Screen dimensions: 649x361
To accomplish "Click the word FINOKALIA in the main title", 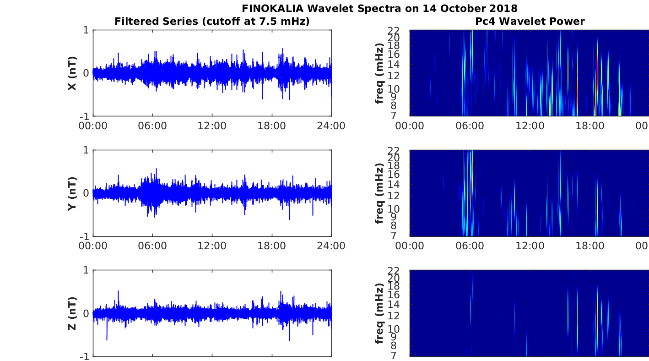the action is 273,8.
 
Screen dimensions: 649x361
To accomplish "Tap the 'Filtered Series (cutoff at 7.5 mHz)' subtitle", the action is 212,22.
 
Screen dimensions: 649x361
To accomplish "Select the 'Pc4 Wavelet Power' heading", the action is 530,21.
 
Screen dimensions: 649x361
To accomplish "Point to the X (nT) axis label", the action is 72,73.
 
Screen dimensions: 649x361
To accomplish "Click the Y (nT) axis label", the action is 72,193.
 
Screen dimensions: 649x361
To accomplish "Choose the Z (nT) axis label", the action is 72,313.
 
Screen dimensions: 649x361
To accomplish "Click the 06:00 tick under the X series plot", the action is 152,126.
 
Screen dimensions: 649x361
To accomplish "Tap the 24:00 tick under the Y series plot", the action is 331,246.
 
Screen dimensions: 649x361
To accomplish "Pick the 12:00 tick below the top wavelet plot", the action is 530,126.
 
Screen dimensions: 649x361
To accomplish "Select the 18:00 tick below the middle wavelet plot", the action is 590,246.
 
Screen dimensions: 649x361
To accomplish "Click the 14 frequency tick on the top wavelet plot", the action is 394,65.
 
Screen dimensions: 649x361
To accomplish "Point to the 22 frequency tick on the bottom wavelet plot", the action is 394,271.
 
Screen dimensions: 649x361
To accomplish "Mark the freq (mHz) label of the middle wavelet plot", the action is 379,193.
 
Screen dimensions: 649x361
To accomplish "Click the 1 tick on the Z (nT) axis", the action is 86,270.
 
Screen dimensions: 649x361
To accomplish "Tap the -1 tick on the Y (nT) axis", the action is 84,236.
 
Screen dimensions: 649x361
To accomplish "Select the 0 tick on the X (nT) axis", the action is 86,73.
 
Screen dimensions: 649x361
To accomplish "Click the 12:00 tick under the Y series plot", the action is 212,246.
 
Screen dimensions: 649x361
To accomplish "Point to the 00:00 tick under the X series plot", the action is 93,126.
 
